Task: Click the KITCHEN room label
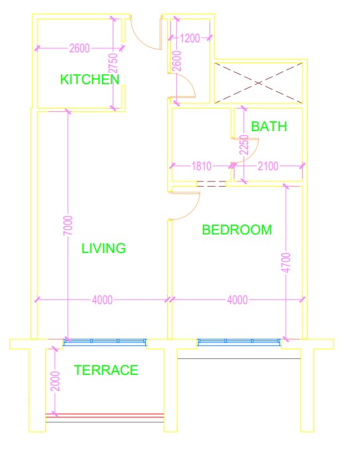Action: click(x=90, y=79)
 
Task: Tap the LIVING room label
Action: click(x=103, y=248)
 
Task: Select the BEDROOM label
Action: click(x=237, y=230)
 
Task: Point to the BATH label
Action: click(x=269, y=127)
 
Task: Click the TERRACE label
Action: click(x=106, y=370)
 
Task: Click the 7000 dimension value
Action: click(x=68, y=225)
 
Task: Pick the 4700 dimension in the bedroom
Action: click(x=286, y=262)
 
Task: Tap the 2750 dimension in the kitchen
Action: click(x=113, y=64)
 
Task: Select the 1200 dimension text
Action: click(x=190, y=38)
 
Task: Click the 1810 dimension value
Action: click(x=202, y=166)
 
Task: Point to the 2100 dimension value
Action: click(x=268, y=166)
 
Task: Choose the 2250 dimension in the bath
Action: click(x=245, y=145)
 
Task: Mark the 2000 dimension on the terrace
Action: click(x=55, y=382)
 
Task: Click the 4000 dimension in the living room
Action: click(x=102, y=299)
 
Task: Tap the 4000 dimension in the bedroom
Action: click(x=237, y=299)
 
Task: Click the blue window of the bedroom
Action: click(x=239, y=342)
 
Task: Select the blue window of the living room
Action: click(x=105, y=342)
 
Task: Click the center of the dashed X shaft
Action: click(x=259, y=83)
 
